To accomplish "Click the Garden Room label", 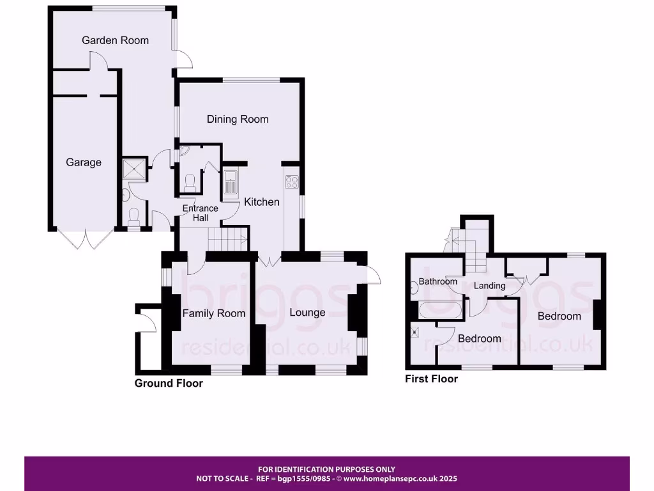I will click(x=115, y=40).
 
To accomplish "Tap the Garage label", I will click(x=84, y=162).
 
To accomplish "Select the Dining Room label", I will click(x=238, y=119).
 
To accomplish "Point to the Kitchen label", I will click(x=262, y=202).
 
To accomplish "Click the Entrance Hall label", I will click(x=201, y=213).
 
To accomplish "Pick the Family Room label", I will click(x=214, y=313).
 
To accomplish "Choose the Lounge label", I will click(x=307, y=312).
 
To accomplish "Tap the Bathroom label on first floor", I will click(x=438, y=281).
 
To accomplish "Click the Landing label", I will click(x=490, y=286).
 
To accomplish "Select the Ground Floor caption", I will click(x=169, y=384).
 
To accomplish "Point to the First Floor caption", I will click(x=432, y=379).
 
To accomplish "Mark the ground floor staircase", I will click(x=228, y=240).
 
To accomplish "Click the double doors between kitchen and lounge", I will click(x=269, y=260).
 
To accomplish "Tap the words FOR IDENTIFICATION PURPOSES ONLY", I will click(x=326, y=469).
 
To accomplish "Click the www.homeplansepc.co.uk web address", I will click(x=401, y=478).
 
